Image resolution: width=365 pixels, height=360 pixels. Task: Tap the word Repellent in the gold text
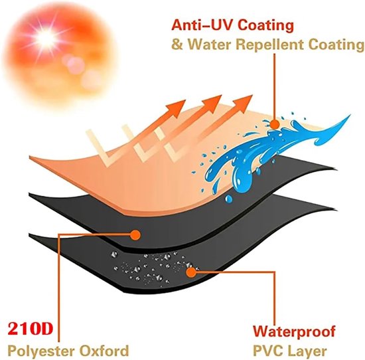point(270,45)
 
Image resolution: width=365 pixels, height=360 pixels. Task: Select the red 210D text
point(30,329)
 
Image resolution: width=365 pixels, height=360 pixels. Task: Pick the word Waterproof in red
point(294,331)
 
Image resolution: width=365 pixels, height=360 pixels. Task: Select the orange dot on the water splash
point(275,124)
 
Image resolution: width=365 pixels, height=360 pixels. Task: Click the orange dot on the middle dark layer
point(135,234)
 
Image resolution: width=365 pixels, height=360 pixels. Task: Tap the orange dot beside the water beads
point(191,272)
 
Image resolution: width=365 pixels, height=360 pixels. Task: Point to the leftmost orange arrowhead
point(177,108)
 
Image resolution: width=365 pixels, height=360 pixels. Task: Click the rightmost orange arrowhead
point(244,102)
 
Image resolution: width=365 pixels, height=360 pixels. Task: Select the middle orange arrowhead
point(212,103)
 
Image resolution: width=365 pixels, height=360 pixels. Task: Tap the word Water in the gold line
point(210,45)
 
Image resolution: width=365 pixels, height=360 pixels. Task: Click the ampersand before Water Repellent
point(177,45)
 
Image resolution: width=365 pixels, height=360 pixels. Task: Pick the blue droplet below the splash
point(228,199)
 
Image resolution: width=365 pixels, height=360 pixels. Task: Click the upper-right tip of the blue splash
point(350,115)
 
